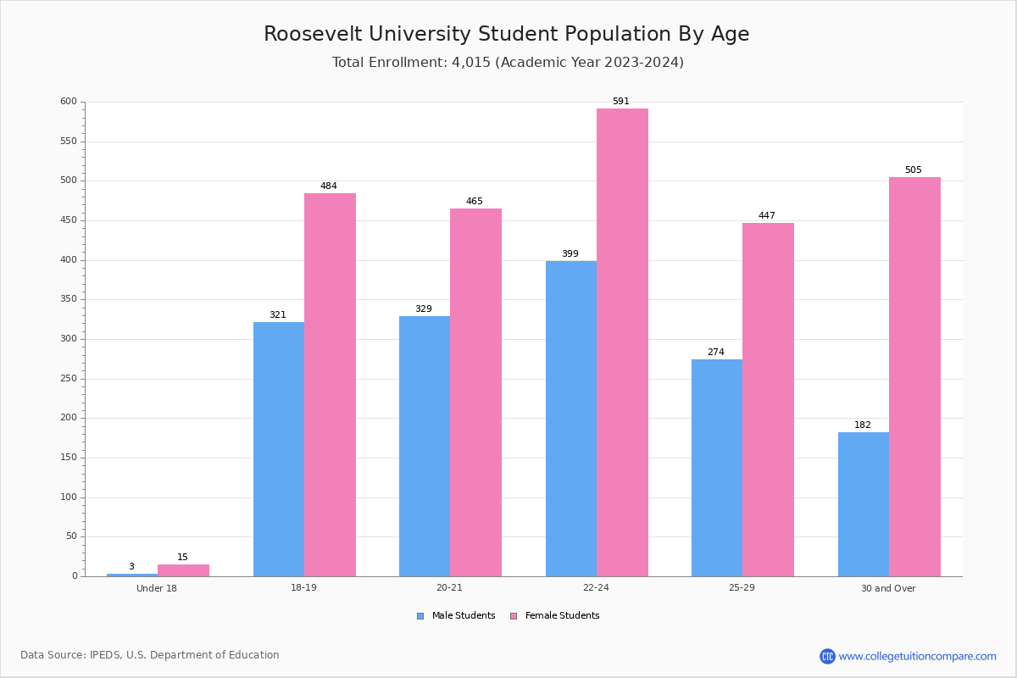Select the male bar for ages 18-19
click(x=279, y=449)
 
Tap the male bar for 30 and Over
click(x=864, y=504)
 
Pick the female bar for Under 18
click(x=183, y=570)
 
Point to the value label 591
click(x=621, y=102)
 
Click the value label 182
click(x=863, y=425)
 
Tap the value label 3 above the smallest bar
click(x=131, y=567)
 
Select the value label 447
click(x=767, y=216)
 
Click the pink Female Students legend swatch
click(x=514, y=616)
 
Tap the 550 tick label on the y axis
click(x=68, y=142)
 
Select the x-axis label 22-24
click(x=596, y=588)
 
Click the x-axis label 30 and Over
click(x=888, y=588)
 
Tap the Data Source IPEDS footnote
click(x=150, y=655)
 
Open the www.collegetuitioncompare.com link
click(x=917, y=657)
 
